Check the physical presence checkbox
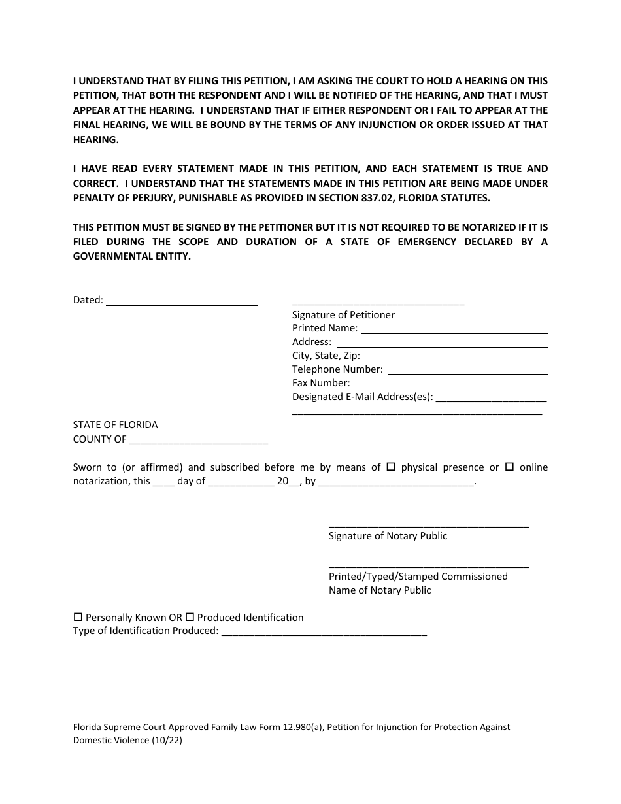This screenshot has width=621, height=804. coord(391,467)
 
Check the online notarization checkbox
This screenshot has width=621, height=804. coord(510,467)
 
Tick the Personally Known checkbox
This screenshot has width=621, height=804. coord(78,617)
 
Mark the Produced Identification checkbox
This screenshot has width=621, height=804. coord(190,617)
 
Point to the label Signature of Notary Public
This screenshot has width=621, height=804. coord(388,536)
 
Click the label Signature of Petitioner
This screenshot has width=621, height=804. coord(343,315)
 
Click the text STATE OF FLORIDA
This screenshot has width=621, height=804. coord(115,425)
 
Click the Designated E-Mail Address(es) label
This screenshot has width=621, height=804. coord(362,397)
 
